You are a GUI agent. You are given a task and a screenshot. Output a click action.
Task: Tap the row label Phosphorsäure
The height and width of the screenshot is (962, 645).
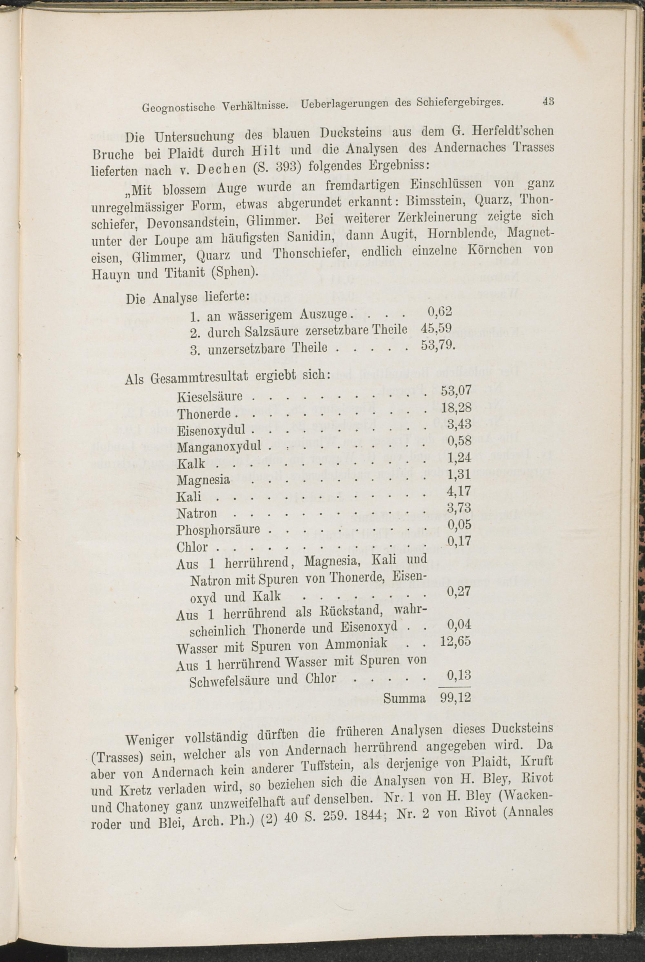[218, 530]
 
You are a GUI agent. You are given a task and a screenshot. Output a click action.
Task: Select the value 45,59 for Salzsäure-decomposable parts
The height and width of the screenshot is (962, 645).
[436, 328]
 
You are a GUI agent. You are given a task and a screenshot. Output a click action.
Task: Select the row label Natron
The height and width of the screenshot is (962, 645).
[197, 513]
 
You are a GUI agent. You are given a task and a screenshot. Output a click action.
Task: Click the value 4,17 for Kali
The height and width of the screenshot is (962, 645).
[459, 491]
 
